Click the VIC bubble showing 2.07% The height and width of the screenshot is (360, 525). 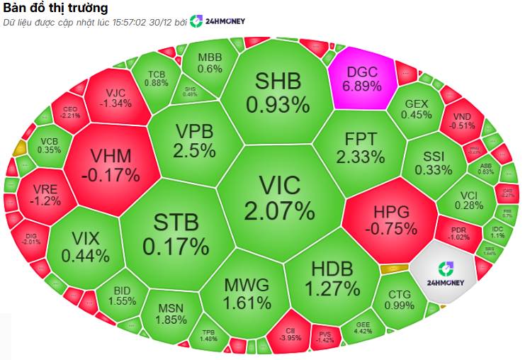(279, 198)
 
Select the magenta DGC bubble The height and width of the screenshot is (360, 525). (361, 78)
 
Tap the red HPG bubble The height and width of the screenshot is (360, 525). (390, 220)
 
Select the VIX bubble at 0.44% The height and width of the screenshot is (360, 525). (85, 247)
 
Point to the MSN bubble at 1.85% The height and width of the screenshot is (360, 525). (170, 315)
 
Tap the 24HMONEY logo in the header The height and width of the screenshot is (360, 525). (218, 21)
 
